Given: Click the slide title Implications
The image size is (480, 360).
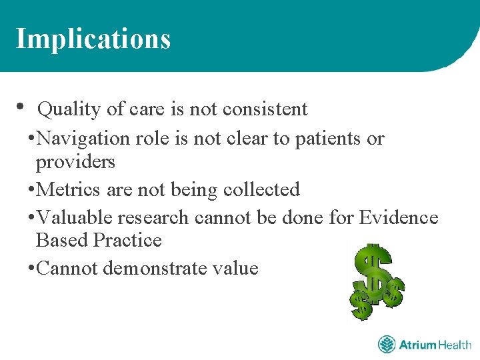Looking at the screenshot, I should [93, 39].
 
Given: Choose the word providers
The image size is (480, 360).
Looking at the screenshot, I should [75, 162].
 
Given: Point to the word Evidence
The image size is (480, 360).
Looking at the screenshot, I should [399, 217].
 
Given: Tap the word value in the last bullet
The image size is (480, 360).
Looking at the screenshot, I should [233, 269].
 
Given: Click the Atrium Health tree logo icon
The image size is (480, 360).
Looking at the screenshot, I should [387, 345].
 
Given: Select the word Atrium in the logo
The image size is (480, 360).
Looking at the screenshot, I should [417, 345].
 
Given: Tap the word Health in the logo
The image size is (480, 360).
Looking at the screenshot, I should [455, 345].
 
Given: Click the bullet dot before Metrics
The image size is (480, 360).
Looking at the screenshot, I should [32, 191].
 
